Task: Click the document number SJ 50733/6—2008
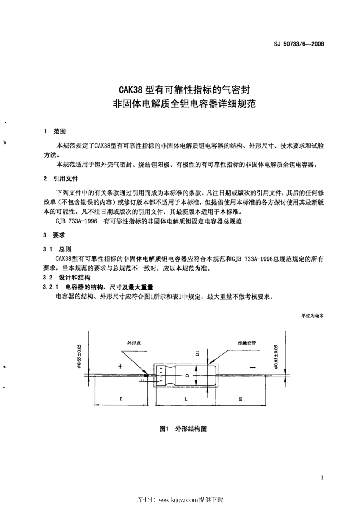[299, 44]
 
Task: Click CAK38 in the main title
[130, 90]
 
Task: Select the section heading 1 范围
[55, 131]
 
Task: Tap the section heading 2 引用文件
[61, 178]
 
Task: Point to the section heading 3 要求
[55, 235]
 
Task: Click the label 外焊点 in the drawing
[135, 343]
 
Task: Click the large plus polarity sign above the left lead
[121, 366]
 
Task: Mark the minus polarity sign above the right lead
[253, 367]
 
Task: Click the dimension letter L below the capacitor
[185, 399]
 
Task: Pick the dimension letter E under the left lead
[121, 399]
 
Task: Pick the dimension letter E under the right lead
[241, 399]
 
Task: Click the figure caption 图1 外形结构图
[183, 429]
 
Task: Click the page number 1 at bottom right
[322, 478]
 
